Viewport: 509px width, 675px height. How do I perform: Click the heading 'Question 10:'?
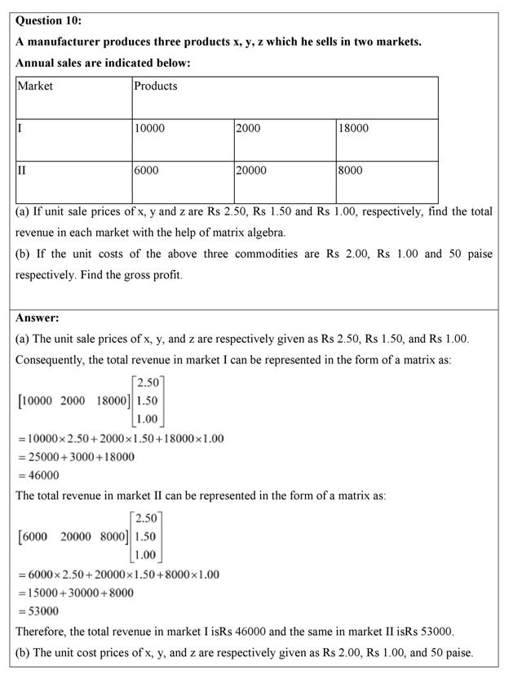coord(49,20)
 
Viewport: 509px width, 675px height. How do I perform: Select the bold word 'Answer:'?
coord(38,318)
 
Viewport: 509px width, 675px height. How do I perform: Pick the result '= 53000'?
coord(38,611)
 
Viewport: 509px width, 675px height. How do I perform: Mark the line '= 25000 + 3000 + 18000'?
coord(76,457)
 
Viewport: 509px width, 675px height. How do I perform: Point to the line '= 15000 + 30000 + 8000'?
coord(76,593)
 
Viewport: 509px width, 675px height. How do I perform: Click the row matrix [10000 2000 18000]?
coord(73,401)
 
